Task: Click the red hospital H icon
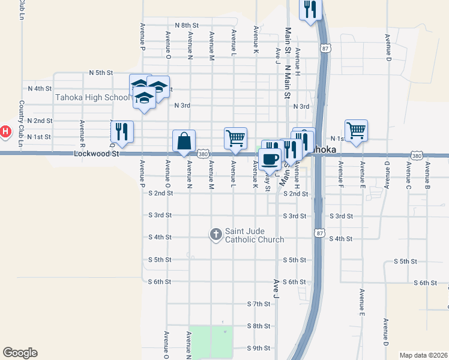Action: tap(5, 131)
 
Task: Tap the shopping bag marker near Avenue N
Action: tap(184, 142)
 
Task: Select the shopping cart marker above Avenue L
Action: tap(235, 138)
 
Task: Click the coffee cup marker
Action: tap(270, 158)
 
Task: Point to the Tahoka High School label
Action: tap(91, 97)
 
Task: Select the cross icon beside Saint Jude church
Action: tap(216, 235)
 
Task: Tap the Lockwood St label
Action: tap(93, 154)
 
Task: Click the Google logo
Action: tap(20, 353)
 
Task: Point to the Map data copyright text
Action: tap(423, 355)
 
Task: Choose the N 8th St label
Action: tap(187, 25)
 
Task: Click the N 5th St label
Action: tap(101, 73)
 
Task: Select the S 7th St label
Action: tap(259, 304)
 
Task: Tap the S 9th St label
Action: tap(259, 348)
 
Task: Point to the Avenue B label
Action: tap(427, 172)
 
